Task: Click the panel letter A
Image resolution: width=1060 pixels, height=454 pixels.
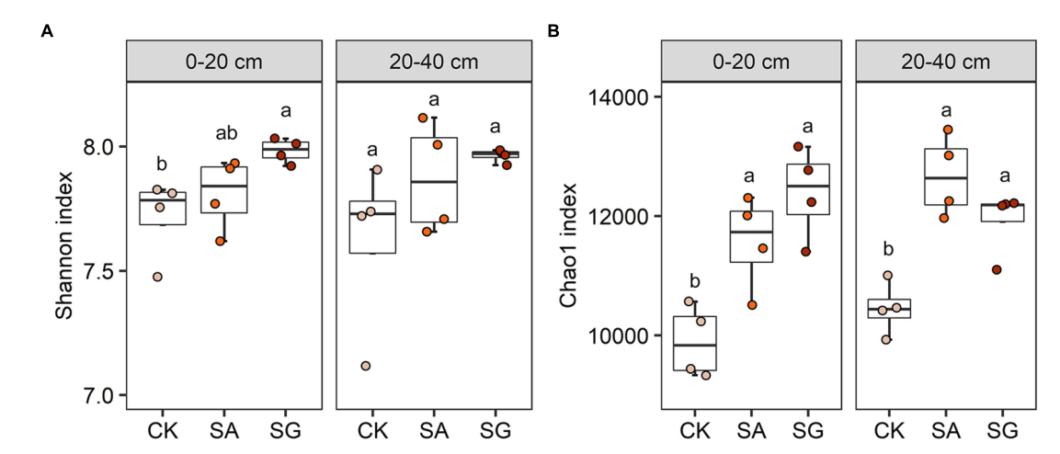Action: [x=47, y=31]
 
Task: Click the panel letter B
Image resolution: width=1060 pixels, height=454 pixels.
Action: [x=553, y=31]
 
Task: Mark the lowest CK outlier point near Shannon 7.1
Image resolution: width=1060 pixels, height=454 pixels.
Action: [x=365, y=366]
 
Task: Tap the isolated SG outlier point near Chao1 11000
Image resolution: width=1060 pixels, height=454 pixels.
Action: [x=997, y=269]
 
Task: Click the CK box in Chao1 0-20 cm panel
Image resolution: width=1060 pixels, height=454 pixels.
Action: [x=695, y=343]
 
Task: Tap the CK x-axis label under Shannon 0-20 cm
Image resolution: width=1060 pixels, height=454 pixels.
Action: [x=162, y=430]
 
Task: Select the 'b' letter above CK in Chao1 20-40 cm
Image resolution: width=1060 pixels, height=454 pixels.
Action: [x=887, y=249]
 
